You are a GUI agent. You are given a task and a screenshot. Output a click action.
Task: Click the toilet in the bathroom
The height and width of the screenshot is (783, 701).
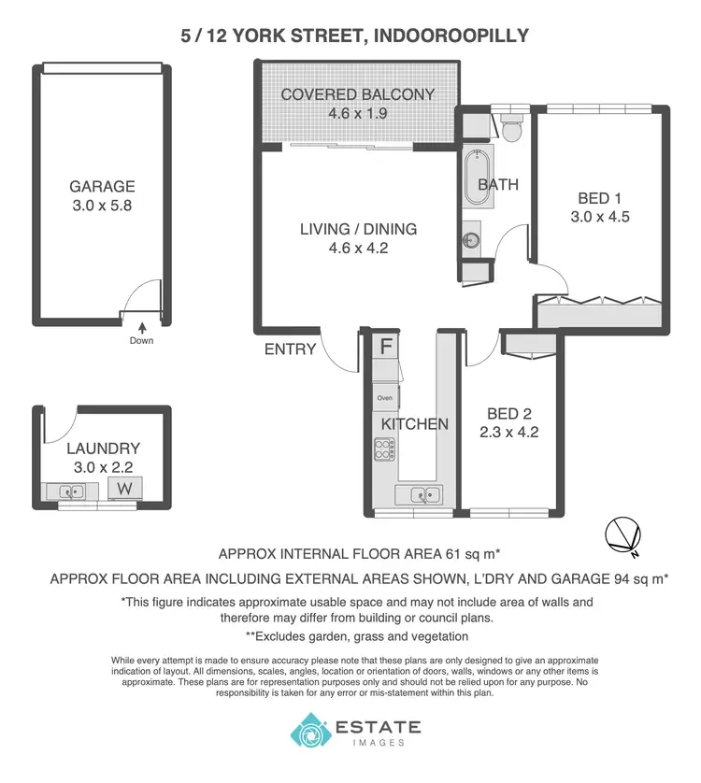510,127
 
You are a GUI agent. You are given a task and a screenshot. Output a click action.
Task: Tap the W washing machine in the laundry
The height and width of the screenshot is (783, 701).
123,487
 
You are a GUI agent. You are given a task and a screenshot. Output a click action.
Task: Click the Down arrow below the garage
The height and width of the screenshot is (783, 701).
142,328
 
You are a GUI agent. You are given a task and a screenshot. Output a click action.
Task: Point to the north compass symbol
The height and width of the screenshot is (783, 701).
621,534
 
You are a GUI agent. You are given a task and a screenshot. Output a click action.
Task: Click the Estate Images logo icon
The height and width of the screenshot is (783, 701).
309,731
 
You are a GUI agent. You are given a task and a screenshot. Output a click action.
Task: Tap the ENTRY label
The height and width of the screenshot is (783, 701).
290,349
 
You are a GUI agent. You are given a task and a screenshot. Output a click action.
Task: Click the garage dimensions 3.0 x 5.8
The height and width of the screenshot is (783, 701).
102,206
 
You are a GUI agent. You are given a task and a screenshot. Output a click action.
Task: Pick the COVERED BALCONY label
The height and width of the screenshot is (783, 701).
357,93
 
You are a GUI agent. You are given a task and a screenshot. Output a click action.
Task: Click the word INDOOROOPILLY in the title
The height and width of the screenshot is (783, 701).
446,36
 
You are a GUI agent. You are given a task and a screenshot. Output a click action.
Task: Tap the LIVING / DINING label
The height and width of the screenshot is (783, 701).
358,229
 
